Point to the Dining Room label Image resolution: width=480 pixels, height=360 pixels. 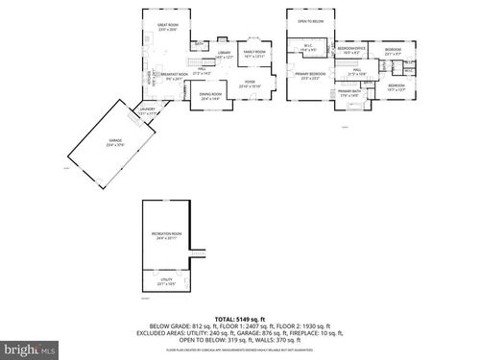210,95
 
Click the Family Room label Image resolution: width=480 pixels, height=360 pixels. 253,55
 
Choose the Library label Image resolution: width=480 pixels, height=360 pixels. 225,55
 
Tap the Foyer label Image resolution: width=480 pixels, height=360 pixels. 250,83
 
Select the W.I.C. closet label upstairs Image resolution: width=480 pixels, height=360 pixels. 308,47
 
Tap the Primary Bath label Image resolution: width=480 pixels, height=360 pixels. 348,92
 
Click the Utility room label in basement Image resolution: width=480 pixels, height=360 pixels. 166,280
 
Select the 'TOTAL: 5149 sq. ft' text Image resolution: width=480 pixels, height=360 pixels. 240,318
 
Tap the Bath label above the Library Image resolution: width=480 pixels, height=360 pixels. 199,44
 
